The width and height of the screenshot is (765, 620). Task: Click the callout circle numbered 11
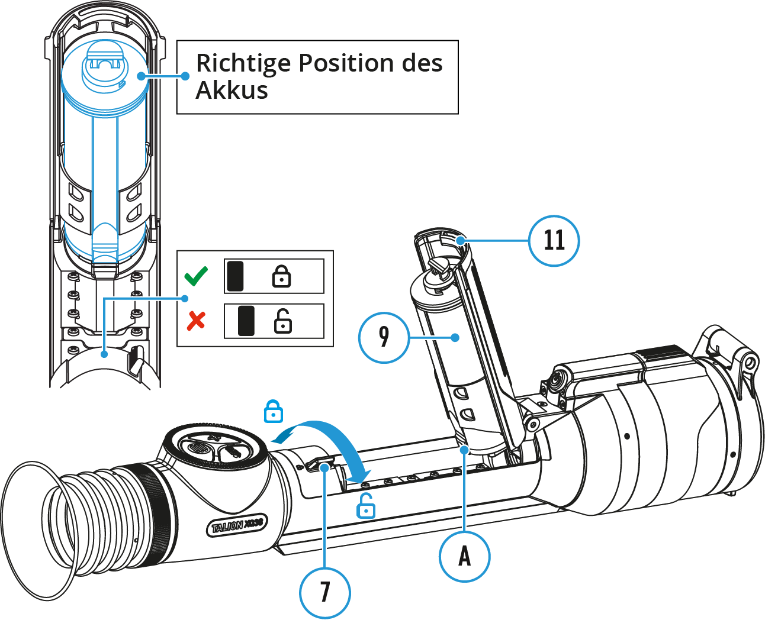tap(554, 241)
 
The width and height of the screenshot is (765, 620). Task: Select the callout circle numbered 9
tap(384, 337)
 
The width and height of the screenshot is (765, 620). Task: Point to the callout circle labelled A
tap(464, 556)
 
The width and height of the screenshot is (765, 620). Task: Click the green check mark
tap(196, 276)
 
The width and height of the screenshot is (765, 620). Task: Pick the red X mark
tap(196, 321)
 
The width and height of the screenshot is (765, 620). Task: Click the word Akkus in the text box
tap(232, 91)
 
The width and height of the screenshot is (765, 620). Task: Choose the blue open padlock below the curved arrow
tap(366, 506)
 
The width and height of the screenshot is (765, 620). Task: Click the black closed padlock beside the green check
tap(281, 276)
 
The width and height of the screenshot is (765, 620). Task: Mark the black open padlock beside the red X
tap(282, 321)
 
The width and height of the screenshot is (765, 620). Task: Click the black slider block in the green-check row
tap(235, 276)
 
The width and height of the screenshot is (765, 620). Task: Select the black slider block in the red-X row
tap(246, 321)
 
